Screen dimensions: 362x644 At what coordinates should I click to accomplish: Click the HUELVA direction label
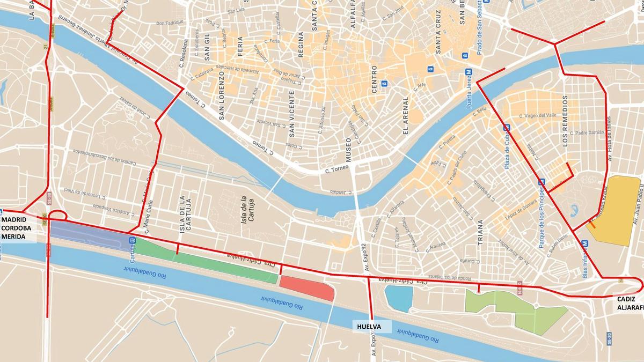[369, 326]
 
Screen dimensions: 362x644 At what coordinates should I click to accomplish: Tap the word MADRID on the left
[15, 220]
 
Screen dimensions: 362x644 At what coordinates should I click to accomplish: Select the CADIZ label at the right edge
[627, 299]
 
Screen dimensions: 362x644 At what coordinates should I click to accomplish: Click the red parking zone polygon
[307, 289]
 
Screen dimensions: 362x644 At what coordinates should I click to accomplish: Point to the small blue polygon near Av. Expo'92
[399, 299]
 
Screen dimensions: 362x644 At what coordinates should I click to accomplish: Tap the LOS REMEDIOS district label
[565, 121]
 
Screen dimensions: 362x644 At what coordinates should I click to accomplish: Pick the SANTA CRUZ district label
[438, 33]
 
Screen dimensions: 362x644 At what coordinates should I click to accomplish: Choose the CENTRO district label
[375, 79]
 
